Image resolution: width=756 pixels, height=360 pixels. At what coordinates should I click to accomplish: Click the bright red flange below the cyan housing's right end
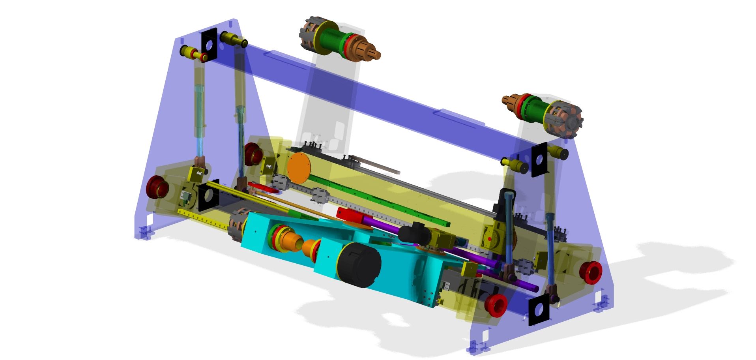coord(496,305)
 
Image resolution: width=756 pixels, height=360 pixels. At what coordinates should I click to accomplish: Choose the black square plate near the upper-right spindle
coord(539,160)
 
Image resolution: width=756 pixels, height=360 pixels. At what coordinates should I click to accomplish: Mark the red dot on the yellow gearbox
coord(490,239)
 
